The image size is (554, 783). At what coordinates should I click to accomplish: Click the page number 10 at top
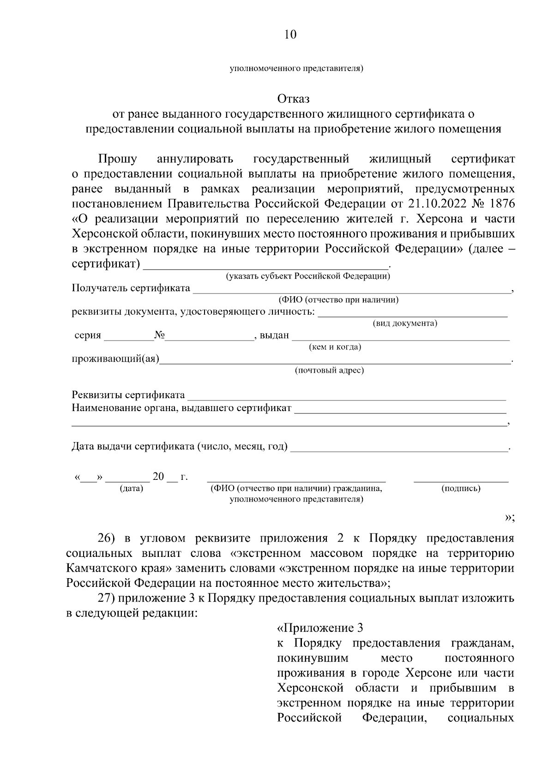[290, 35]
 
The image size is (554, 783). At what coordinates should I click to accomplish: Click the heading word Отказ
[293, 99]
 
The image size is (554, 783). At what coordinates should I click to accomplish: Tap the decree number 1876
[500, 203]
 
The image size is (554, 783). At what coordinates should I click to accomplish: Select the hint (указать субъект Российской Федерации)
[307, 276]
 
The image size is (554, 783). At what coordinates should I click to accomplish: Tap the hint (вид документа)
[404, 323]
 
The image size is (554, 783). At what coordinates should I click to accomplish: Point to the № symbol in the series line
[160, 335]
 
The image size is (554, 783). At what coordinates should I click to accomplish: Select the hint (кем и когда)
[335, 347]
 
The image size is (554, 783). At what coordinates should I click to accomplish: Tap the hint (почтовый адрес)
[329, 371]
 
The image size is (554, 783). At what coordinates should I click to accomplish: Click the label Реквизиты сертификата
[128, 395]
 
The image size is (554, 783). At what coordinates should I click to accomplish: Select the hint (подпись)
[461, 488]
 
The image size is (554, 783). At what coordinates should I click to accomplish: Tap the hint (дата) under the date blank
[131, 488]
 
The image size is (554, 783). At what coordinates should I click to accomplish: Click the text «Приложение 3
[320, 628]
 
